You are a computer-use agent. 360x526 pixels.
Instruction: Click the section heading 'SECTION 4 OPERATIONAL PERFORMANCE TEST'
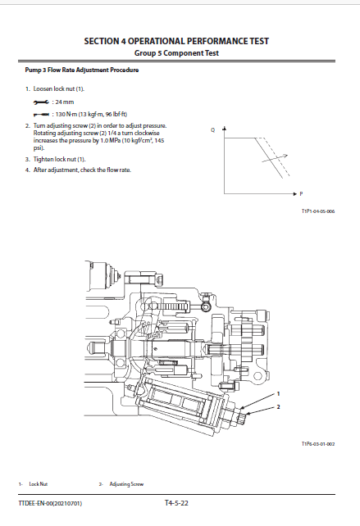click(176, 41)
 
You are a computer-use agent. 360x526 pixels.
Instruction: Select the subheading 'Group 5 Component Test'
click(176, 53)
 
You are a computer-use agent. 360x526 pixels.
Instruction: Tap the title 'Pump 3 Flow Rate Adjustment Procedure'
click(82, 70)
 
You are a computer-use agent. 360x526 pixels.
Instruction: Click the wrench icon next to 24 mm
click(41, 102)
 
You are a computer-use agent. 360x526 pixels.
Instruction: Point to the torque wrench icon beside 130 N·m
click(41, 115)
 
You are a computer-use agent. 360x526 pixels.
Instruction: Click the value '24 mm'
click(65, 102)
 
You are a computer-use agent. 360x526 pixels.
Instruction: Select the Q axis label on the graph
click(212, 129)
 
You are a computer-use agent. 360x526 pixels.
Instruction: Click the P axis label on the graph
click(301, 194)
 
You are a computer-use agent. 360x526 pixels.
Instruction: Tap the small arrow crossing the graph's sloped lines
click(275, 158)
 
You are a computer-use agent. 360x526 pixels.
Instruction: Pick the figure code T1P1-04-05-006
click(318, 211)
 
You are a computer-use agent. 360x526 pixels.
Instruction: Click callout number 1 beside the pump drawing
click(278, 394)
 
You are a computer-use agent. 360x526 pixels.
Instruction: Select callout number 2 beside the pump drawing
click(278, 407)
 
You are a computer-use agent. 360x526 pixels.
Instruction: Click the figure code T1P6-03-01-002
click(318, 444)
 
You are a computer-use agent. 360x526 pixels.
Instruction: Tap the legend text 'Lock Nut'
click(39, 484)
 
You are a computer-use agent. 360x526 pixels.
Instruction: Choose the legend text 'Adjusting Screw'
click(126, 484)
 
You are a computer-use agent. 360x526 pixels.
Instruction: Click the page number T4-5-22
click(176, 503)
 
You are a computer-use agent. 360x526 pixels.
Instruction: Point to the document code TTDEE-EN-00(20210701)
click(50, 503)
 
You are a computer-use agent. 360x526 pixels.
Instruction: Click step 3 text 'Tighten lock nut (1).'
click(59, 159)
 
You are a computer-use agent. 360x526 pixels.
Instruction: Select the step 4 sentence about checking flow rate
click(82, 170)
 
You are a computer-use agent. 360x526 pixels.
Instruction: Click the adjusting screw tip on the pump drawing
click(243, 419)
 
